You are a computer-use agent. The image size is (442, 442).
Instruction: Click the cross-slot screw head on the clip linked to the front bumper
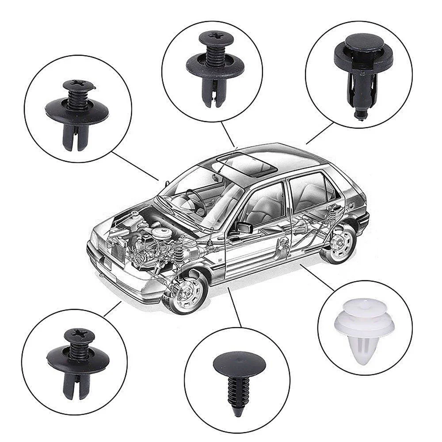coord(79,335)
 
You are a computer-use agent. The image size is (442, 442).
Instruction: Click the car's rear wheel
coord(340,242)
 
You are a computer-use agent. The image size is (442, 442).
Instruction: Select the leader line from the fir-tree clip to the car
coord(234,307)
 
